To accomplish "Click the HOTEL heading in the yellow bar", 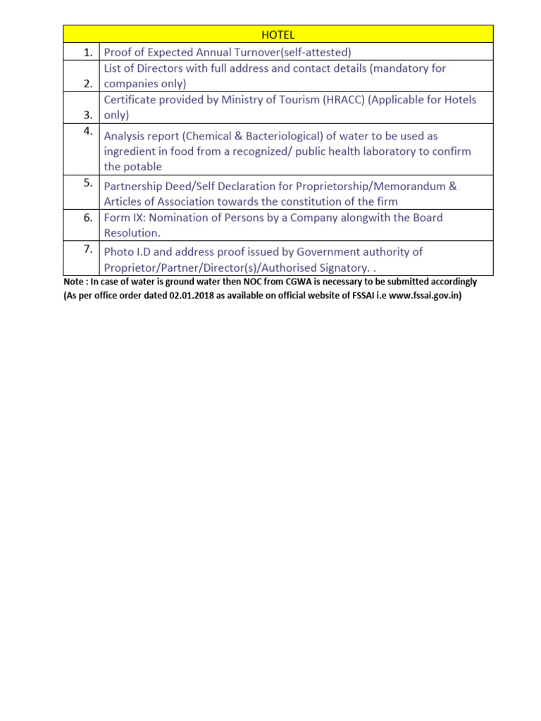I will click(278, 35).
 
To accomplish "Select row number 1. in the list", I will click(87, 51).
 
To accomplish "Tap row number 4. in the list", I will click(87, 131).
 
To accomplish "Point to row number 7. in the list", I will click(87, 248).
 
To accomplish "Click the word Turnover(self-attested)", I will click(294, 51).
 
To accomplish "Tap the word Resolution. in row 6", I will click(132, 232).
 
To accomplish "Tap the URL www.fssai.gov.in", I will click(423, 296).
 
